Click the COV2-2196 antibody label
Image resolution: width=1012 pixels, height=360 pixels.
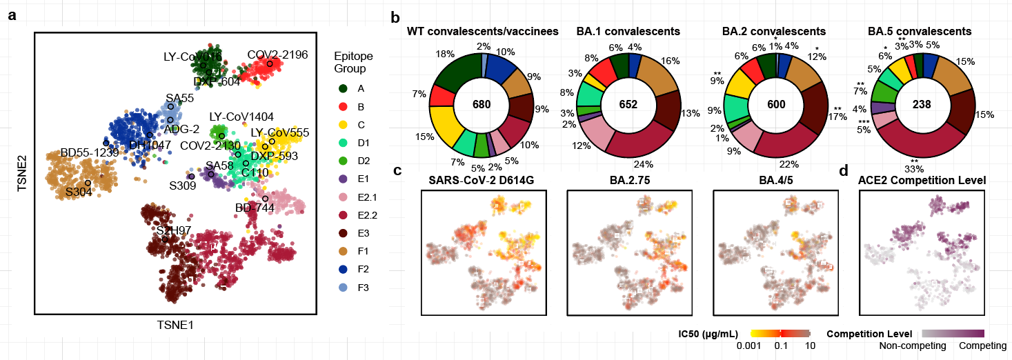277,54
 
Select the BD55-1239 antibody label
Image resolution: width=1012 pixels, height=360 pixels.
90,152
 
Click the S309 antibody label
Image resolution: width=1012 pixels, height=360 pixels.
183,186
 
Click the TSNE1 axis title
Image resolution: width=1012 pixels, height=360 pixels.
172,323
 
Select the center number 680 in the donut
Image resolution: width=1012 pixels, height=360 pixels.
482,104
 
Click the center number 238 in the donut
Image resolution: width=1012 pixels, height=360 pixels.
922,104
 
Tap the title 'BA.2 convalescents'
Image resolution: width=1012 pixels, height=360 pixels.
774,32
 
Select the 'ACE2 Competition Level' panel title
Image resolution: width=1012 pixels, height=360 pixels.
922,181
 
